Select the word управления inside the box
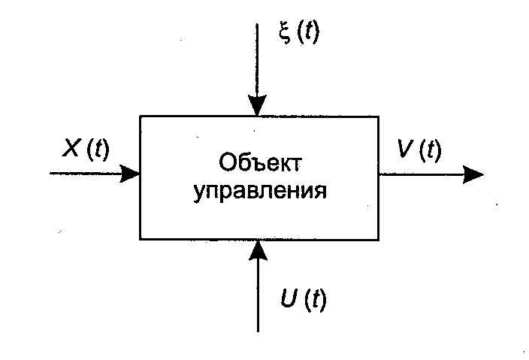pyautogui.click(x=260, y=190)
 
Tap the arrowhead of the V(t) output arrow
pyautogui.click(x=473, y=174)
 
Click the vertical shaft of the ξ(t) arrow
pyautogui.click(x=258, y=60)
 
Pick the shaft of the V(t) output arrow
pyautogui.click(x=421, y=174)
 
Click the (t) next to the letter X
pyautogui.click(x=98, y=150)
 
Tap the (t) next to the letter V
pyautogui.click(x=430, y=150)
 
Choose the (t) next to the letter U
pyautogui.click(x=316, y=301)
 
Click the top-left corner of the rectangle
pyautogui.click(x=141, y=116)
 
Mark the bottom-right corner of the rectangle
pyautogui.click(x=378, y=238)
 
